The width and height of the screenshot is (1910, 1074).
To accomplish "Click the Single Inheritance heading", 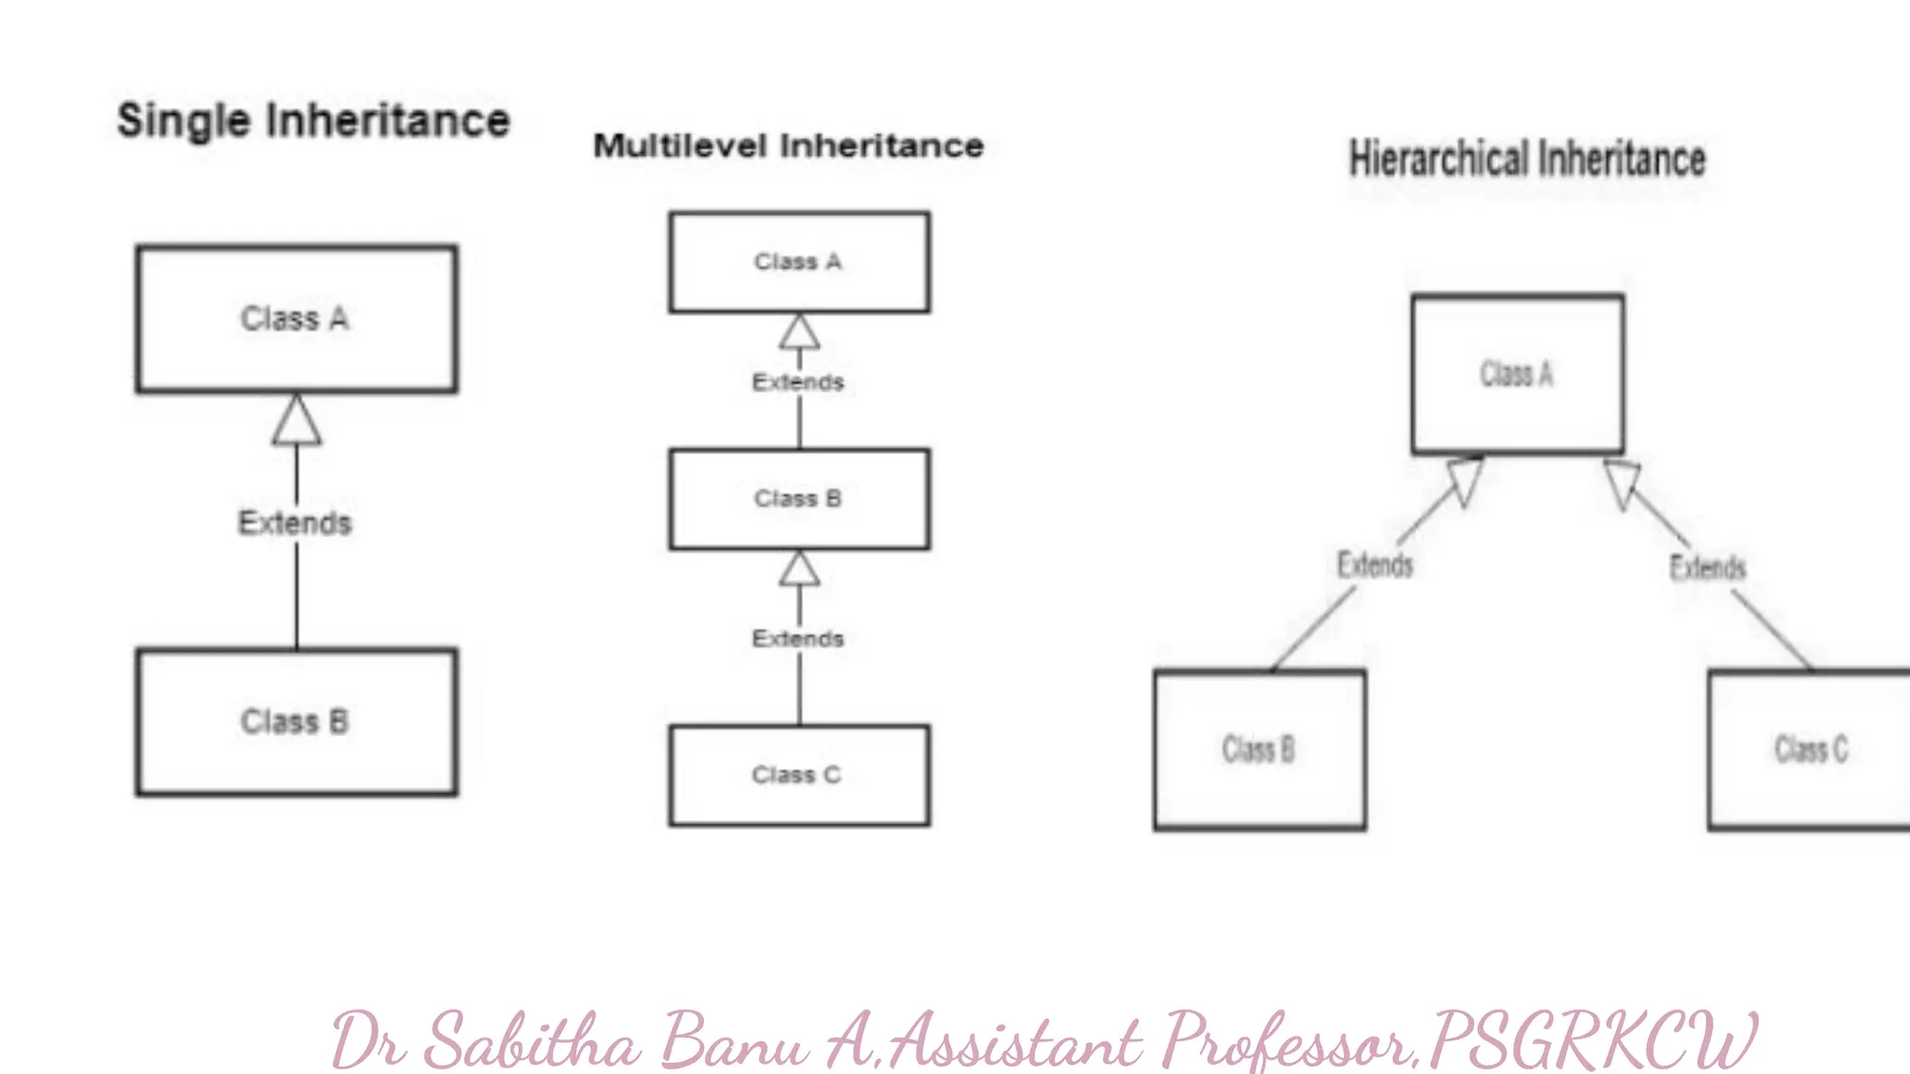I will (x=313, y=121).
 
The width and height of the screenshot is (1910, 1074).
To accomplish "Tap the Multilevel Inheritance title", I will (x=789, y=146).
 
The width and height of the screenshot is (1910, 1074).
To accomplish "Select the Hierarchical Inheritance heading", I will (x=1528, y=159).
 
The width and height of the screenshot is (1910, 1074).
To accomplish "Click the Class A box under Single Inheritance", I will (x=297, y=319).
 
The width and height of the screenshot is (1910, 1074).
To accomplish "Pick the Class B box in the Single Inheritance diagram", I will (x=297, y=722).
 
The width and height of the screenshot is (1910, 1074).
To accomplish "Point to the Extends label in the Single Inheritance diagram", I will (x=295, y=523).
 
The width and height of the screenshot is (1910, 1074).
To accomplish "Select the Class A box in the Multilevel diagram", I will (x=799, y=262).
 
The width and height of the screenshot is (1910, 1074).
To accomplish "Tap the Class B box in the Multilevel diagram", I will (x=799, y=499).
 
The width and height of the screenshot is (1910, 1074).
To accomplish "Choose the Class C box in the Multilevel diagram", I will (x=799, y=775).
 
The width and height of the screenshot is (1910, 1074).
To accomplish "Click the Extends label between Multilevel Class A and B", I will (x=798, y=382).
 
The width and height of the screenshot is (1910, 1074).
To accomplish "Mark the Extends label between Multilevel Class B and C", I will (x=798, y=639).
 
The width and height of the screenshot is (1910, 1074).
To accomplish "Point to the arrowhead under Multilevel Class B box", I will (x=799, y=569).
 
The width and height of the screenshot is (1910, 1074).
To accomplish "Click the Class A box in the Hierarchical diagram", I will (x=1517, y=374).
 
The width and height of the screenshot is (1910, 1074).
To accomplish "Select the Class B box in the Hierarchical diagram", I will (x=1260, y=750).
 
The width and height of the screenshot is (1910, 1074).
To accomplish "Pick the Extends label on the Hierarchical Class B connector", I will (x=1376, y=565).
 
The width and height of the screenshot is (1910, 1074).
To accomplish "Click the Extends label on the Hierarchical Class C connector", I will (x=1708, y=567).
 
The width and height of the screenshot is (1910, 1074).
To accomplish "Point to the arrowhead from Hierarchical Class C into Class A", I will (x=1623, y=482).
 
